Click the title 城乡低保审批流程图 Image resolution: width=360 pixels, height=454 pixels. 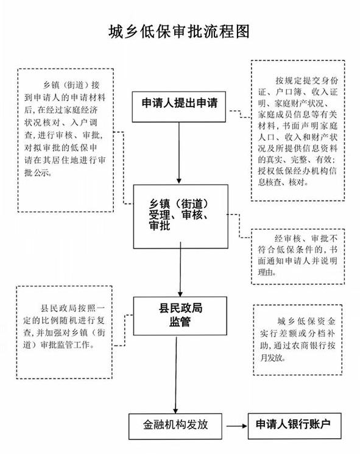179,31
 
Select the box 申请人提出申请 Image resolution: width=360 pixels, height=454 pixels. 179,107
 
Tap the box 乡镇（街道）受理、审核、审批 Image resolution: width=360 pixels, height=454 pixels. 180,216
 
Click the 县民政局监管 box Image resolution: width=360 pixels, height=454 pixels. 180,316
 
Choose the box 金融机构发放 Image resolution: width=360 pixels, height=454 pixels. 175,426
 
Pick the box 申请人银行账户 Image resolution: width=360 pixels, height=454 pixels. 295,425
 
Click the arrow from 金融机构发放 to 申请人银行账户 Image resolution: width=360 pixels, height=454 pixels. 237,426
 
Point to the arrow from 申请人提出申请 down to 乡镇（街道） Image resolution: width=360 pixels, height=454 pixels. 179,152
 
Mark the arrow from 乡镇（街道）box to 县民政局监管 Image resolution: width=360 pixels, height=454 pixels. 180,269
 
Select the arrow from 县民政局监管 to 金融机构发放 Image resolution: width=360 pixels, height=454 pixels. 175,374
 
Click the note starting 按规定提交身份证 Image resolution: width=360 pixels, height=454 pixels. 298,130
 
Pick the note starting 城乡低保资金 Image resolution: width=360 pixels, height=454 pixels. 298,340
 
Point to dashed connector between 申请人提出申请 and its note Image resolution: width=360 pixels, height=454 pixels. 240,114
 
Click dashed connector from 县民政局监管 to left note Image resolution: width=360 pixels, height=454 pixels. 124,330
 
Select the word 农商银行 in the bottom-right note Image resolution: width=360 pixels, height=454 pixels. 305,346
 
